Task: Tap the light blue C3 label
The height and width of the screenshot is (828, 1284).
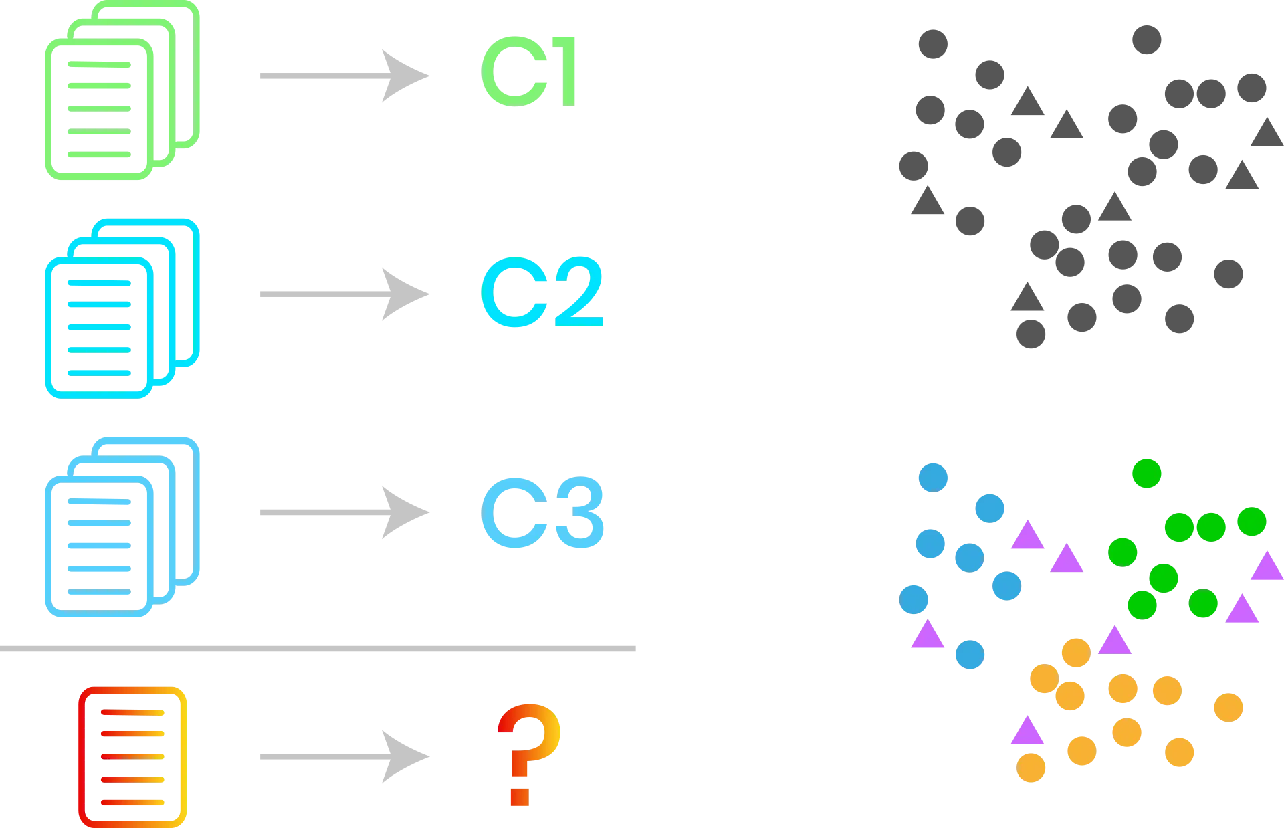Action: click(x=542, y=513)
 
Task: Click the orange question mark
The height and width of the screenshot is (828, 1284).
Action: click(x=528, y=754)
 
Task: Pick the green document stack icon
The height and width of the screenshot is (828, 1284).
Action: click(x=122, y=91)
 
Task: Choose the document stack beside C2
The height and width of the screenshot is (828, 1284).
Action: click(x=122, y=308)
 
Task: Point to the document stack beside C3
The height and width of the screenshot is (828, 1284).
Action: click(x=122, y=527)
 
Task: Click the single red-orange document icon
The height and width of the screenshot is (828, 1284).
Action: click(x=132, y=756)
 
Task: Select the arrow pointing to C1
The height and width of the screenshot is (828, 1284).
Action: click(x=344, y=76)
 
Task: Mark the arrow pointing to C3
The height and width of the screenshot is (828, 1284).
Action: click(x=344, y=512)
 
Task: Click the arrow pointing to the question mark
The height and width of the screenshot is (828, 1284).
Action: click(x=344, y=756)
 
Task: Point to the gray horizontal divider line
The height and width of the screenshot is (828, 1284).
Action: click(x=318, y=647)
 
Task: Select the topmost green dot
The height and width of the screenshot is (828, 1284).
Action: click(x=1148, y=474)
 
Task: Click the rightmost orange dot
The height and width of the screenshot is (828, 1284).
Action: click(x=1228, y=707)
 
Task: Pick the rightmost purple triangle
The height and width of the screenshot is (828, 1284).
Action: click(x=1267, y=567)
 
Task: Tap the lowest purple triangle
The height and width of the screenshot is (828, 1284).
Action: click(x=1027, y=732)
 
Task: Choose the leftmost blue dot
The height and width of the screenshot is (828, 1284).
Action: click(x=914, y=599)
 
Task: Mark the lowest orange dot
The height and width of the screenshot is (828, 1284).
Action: click(x=1031, y=768)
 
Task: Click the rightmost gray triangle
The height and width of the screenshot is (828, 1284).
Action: click(x=1267, y=134)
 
